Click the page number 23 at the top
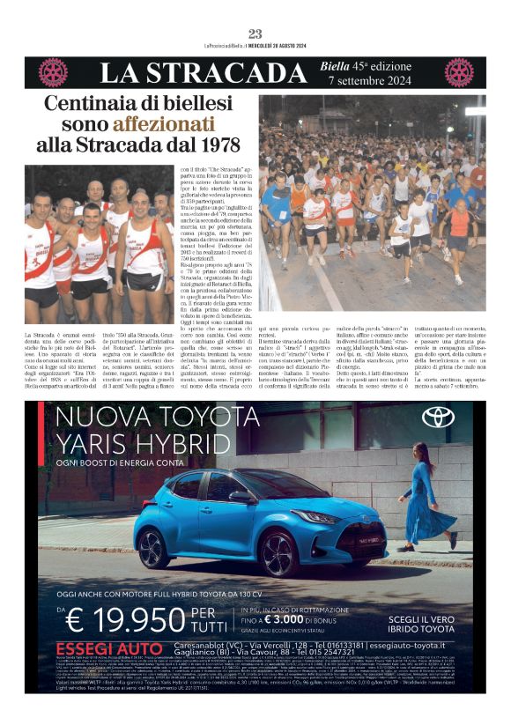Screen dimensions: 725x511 point(255,33)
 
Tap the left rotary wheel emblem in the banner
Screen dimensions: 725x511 point(54,71)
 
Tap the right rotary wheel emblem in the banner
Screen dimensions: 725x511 point(458,71)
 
